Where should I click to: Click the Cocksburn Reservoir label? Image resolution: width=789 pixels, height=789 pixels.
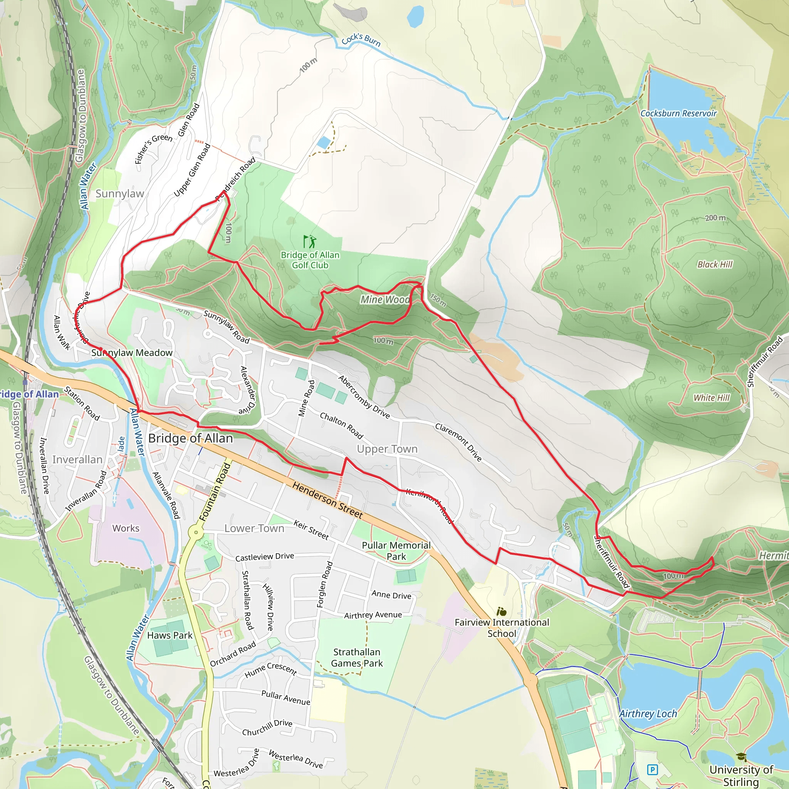point(678,114)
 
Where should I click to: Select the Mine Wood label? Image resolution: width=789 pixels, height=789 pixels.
point(385,300)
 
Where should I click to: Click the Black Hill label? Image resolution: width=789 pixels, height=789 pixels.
point(715,264)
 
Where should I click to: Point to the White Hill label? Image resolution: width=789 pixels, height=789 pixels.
point(712,397)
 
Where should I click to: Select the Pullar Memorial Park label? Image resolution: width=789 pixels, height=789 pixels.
point(396,551)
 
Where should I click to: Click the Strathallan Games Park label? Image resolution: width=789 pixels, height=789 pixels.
point(356,658)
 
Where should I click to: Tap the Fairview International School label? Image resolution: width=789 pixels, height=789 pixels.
point(502,628)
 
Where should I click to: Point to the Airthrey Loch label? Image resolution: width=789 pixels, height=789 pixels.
point(648,713)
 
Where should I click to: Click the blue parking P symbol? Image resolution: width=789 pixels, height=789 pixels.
point(653,770)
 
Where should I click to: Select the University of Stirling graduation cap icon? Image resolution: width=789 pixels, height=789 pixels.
point(741,757)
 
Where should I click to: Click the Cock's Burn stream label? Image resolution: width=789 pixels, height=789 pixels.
point(361,40)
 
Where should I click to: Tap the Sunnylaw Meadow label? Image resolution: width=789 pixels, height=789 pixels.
point(132,353)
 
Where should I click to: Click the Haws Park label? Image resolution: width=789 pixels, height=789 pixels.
point(170,635)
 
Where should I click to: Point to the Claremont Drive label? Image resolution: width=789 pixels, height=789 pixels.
point(458,442)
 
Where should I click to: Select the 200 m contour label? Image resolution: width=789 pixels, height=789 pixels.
point(715,218)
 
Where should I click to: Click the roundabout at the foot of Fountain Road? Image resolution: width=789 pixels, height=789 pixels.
point(196,532)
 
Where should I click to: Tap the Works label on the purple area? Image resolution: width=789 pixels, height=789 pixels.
point(126,528)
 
